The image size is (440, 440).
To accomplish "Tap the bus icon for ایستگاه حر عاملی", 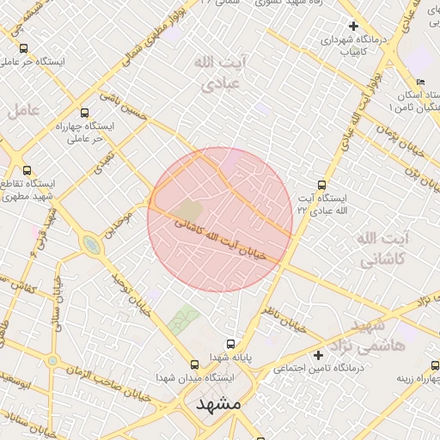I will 22,49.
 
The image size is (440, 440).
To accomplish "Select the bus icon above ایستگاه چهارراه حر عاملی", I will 83,112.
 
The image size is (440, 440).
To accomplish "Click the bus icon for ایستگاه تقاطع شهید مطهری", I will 27,170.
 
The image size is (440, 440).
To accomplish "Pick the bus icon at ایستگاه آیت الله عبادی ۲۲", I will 322,184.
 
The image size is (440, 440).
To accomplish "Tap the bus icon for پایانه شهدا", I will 230,344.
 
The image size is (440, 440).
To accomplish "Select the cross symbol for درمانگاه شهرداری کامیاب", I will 353,26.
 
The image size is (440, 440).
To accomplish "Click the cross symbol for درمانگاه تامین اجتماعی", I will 318,355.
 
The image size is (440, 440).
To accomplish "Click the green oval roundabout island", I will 90,246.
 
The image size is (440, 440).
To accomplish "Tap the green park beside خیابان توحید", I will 182,321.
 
